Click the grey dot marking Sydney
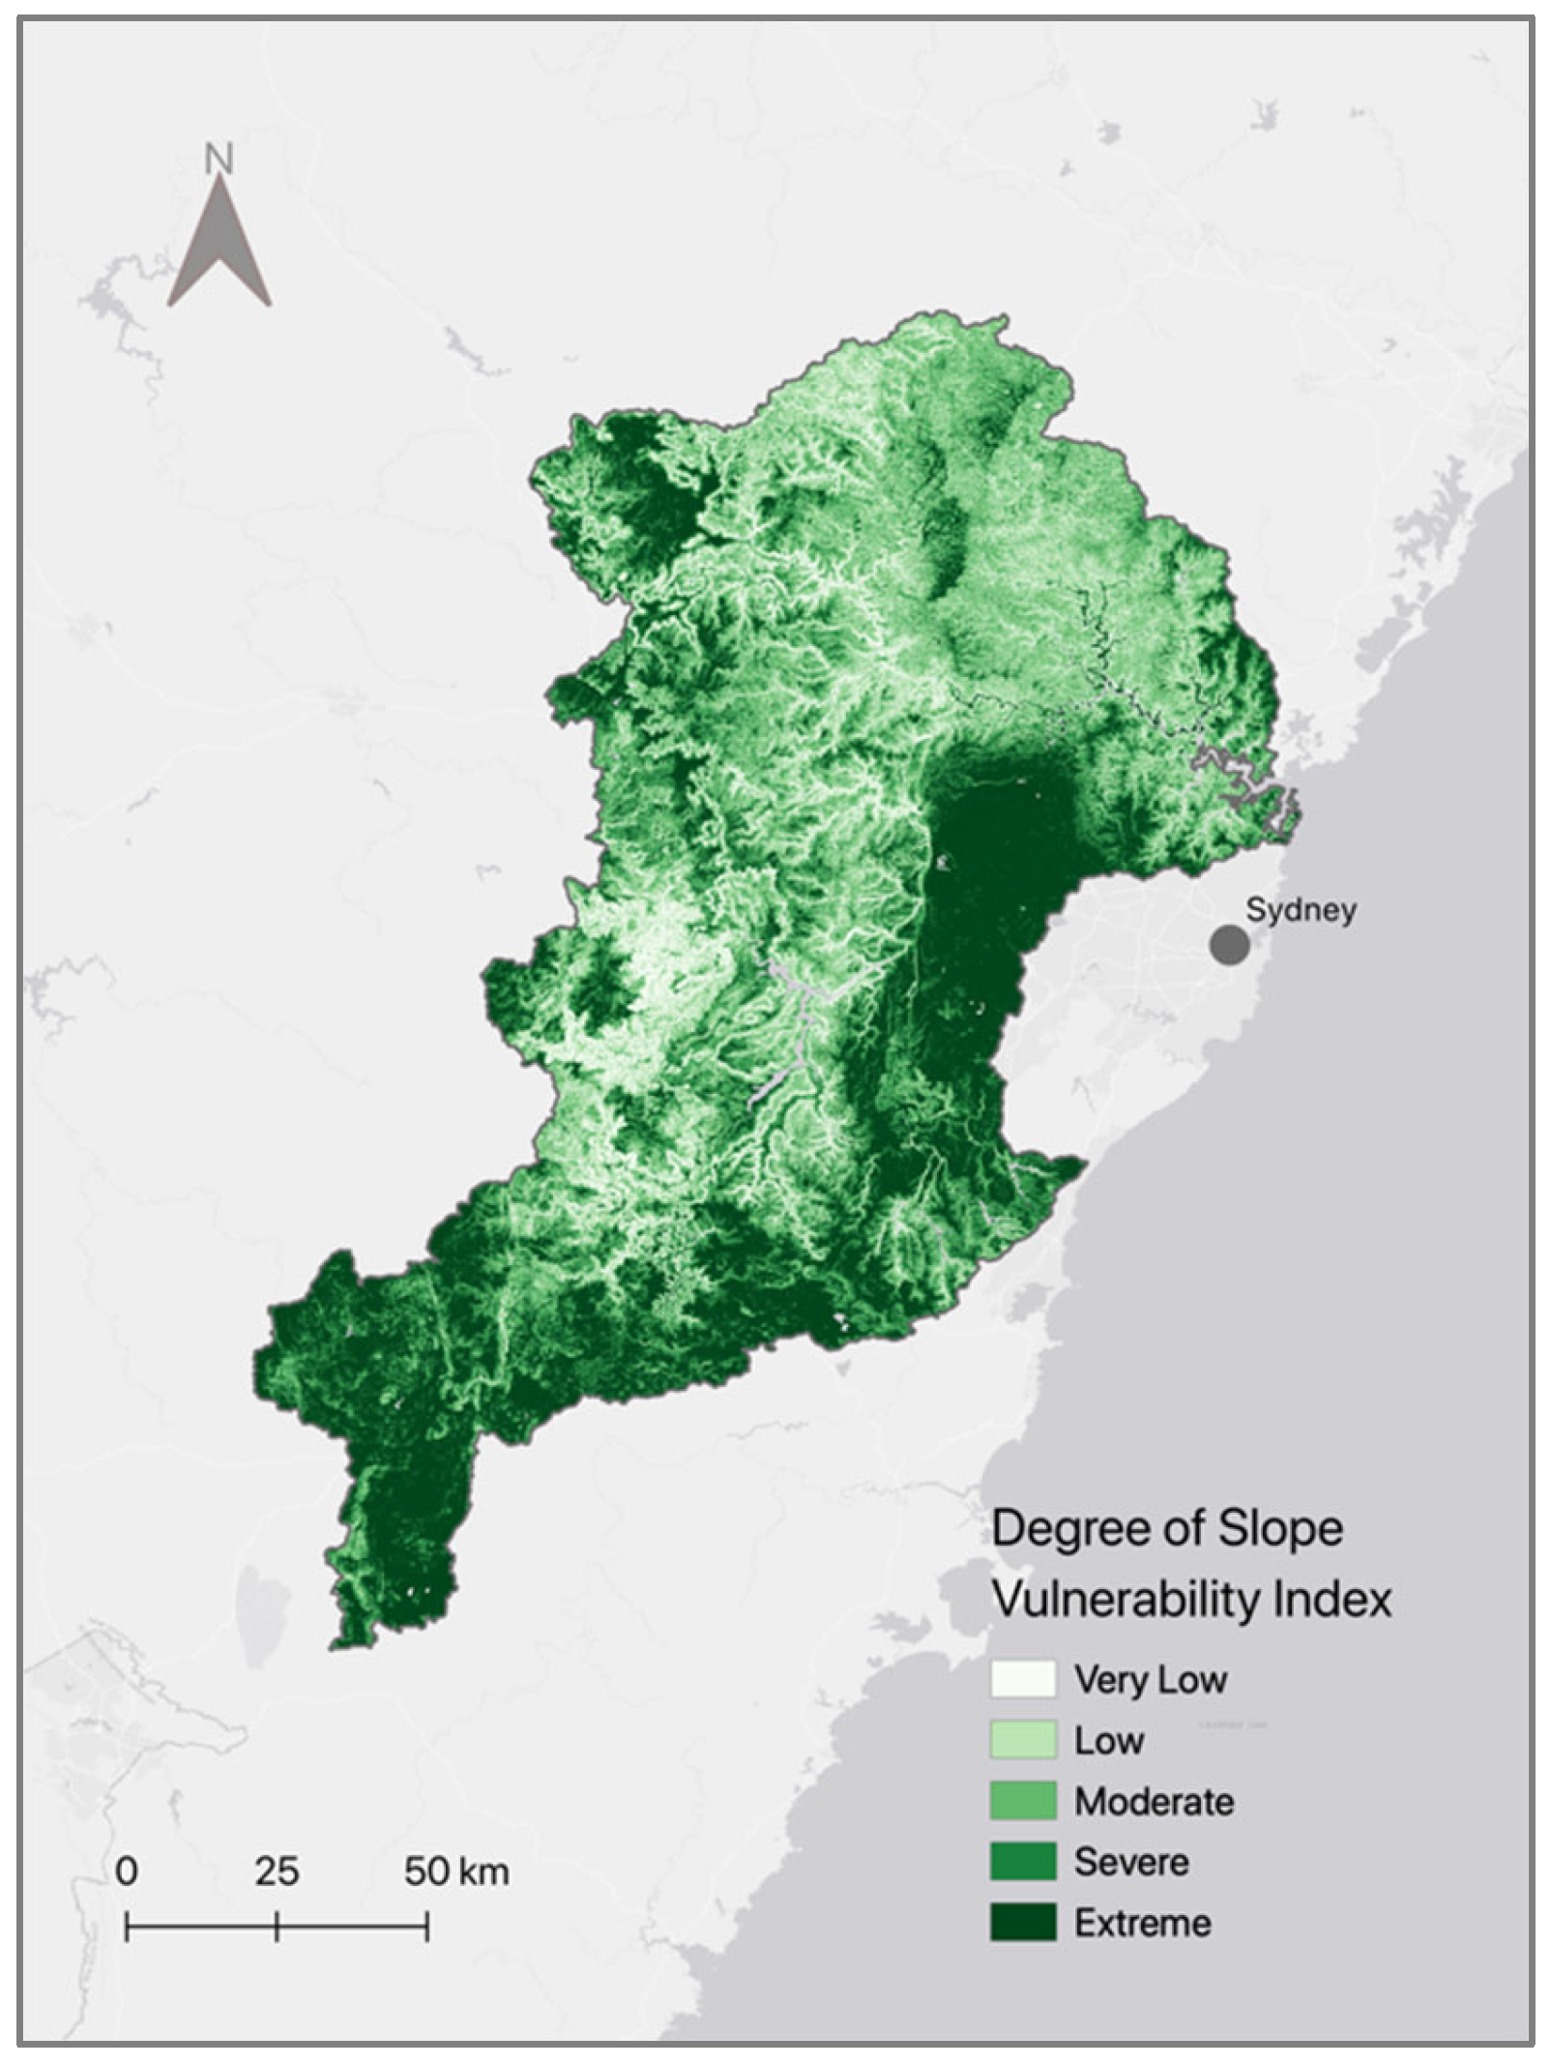[x=1229, y=944]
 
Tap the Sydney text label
[x=1301, y=909]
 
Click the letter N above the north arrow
[x=219, y=159]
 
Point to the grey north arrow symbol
[x=219, y=249]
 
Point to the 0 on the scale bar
[x=127, y=1871]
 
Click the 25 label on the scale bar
[x=277, y=1871]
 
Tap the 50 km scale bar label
[x=456, y=1871]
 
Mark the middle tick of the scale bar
[x=277, y=1927]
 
